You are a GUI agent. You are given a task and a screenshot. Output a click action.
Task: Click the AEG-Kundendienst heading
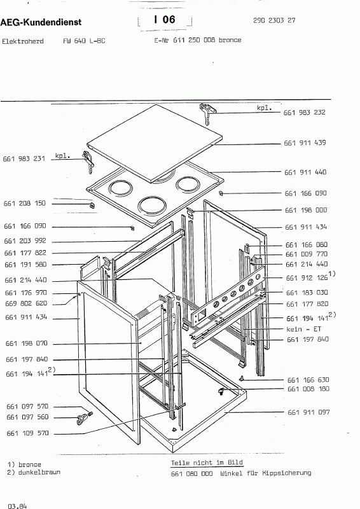(41, 22)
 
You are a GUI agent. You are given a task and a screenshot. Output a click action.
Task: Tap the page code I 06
(165, 20)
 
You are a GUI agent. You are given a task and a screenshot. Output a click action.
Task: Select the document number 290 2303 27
(274, 20)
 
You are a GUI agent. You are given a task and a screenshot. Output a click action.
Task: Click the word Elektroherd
(23, 41)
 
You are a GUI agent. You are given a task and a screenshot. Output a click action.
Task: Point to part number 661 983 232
(305, 113)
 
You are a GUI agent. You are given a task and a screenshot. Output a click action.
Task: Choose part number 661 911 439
(305, 143)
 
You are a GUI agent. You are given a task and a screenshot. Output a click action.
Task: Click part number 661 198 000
(306, 210)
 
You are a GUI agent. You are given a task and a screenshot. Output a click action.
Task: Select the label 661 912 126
(307, 278)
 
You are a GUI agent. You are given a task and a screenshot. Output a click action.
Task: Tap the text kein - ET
(304, 329)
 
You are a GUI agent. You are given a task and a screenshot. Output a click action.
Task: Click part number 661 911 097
(308, 412)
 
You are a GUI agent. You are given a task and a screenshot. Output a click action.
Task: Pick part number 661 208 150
(25, 203)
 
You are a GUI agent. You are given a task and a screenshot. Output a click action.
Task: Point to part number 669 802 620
(26, 303)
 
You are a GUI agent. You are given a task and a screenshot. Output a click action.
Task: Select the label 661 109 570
(27, 433)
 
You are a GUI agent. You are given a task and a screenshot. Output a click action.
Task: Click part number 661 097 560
(27, 417)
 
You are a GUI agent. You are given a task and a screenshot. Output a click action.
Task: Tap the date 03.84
(18, 506)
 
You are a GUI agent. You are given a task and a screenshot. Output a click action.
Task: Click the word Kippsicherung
(287, 473)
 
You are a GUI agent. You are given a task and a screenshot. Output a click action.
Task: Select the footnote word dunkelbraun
(39, 472)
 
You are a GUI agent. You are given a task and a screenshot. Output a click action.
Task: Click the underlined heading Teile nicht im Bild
(207, 463)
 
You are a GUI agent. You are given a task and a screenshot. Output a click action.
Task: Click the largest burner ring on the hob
(152, 207)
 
